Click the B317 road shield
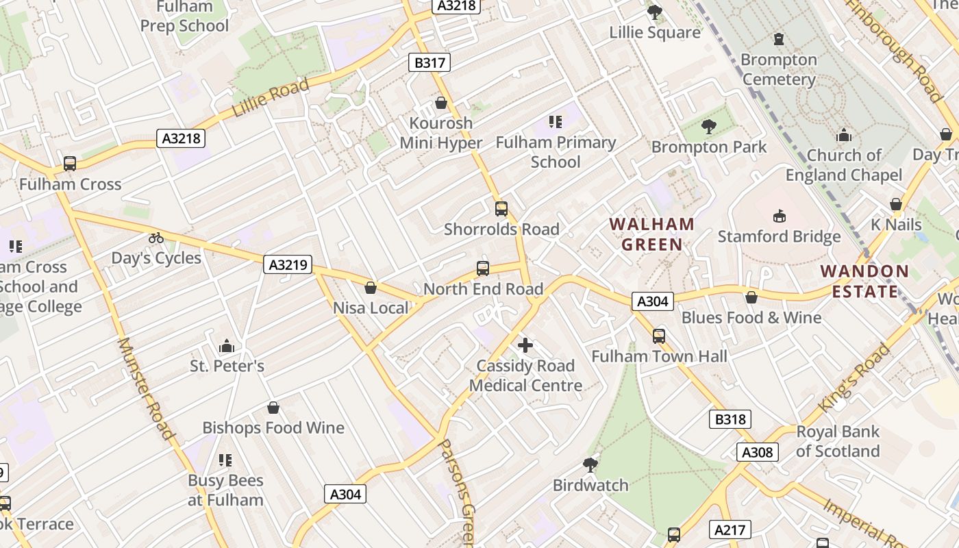pos(429,63)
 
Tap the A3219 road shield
pos(288,264)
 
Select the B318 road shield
pos(730,419)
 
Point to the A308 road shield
pos(758,452)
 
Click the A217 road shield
pos(732,530)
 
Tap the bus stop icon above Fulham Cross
pos(69,164)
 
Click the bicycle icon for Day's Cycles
pos(156,238)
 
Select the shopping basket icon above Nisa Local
pos(371,288)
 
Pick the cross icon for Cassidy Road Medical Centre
pos(525,345)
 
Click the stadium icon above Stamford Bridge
pos(779,216)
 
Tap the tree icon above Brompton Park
pos(708,127)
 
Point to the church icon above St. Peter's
pos(227,346)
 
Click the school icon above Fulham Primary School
pos(556,122)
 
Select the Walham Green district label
pos(652,234)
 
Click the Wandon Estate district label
pos(864,281)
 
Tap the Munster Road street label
pos(145,388)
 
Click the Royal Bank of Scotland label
pos(837,441)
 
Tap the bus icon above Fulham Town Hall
pos(659,336)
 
